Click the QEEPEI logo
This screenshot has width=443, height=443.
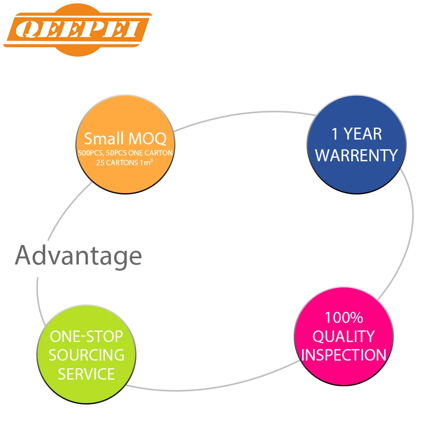click(x=78, y=30)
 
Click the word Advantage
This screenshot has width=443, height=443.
click(x=78, y=256)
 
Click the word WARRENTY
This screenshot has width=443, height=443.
click(x=357, y=155)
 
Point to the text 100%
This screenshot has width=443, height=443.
click(x=344, y=318)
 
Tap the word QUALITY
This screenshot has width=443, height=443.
click(x=344, y=336)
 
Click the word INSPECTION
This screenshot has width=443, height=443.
click(x=344, y=355)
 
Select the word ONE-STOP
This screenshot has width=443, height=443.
click(x=86, y=336)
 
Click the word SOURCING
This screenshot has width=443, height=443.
click(x=86, y=355)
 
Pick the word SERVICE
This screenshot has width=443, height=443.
click(x=86, y=374)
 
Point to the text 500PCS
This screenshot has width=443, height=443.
click(x=89, y=153)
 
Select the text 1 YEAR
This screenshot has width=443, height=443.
click(x=357, y=134)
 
